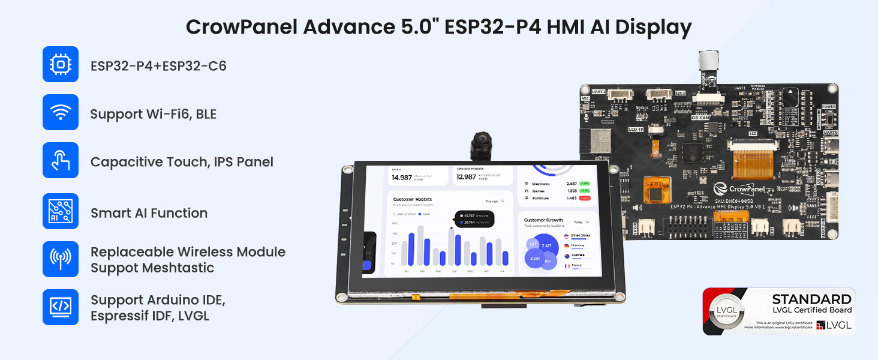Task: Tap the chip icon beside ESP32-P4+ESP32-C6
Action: coord(61,64)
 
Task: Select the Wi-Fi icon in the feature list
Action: coord(61,112)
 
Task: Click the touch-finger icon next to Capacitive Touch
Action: coord(61,160)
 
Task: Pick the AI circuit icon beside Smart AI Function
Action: coord(61,211)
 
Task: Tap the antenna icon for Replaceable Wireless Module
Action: coord(61,259)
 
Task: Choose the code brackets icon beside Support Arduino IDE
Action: coord(61,307)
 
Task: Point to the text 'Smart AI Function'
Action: coord(149,213)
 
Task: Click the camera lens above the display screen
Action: coord(480,144)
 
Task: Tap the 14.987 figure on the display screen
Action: coord(402,178)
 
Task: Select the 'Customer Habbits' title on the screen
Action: coord(413,199)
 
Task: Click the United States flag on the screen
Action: coord(566,236)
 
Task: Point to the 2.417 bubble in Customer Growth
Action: coord(546,246)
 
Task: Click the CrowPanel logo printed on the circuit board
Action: coord(744,189)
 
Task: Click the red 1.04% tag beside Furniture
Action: coord(585,197)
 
